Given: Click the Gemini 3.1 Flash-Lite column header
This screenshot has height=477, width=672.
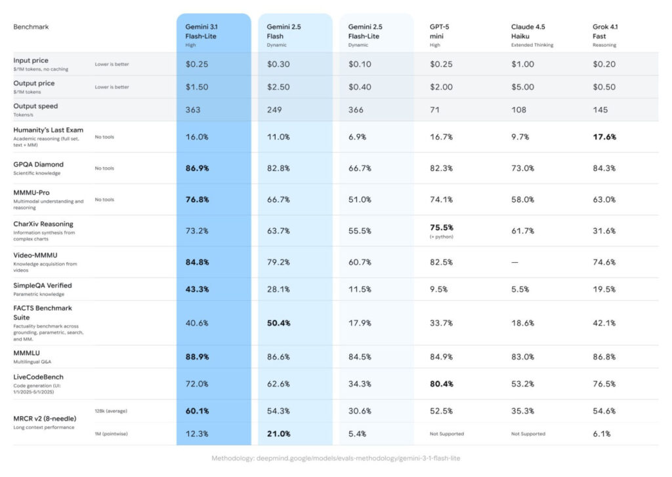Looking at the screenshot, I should (200, 31).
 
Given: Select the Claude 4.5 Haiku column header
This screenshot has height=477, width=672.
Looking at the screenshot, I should (528, 31).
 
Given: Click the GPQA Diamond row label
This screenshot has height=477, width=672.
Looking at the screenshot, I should (39, 164).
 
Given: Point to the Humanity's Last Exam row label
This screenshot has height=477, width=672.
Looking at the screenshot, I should (48, 130).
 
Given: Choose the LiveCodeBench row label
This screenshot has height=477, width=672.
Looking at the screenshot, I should (38, 377).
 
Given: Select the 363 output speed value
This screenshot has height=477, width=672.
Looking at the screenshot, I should (193, 110).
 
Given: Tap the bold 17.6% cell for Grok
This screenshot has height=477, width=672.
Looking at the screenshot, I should (604, 137).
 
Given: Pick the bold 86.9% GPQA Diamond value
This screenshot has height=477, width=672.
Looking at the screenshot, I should (197, 168).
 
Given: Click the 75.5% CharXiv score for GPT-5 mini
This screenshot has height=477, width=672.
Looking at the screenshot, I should (442, 228).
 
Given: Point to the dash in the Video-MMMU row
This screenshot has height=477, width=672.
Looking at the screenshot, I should (515, 262).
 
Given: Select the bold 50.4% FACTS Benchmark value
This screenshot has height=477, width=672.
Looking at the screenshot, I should (279, 322).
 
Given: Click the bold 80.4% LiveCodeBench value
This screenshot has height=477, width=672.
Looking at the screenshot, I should (442, 384).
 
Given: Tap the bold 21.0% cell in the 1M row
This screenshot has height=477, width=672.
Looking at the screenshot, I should (279, 434).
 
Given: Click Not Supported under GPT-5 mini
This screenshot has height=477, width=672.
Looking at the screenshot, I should (447, 434).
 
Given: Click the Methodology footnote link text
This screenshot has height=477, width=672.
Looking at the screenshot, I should (335, 458).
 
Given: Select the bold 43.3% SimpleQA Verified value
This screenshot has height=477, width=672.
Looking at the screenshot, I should (197, 289).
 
